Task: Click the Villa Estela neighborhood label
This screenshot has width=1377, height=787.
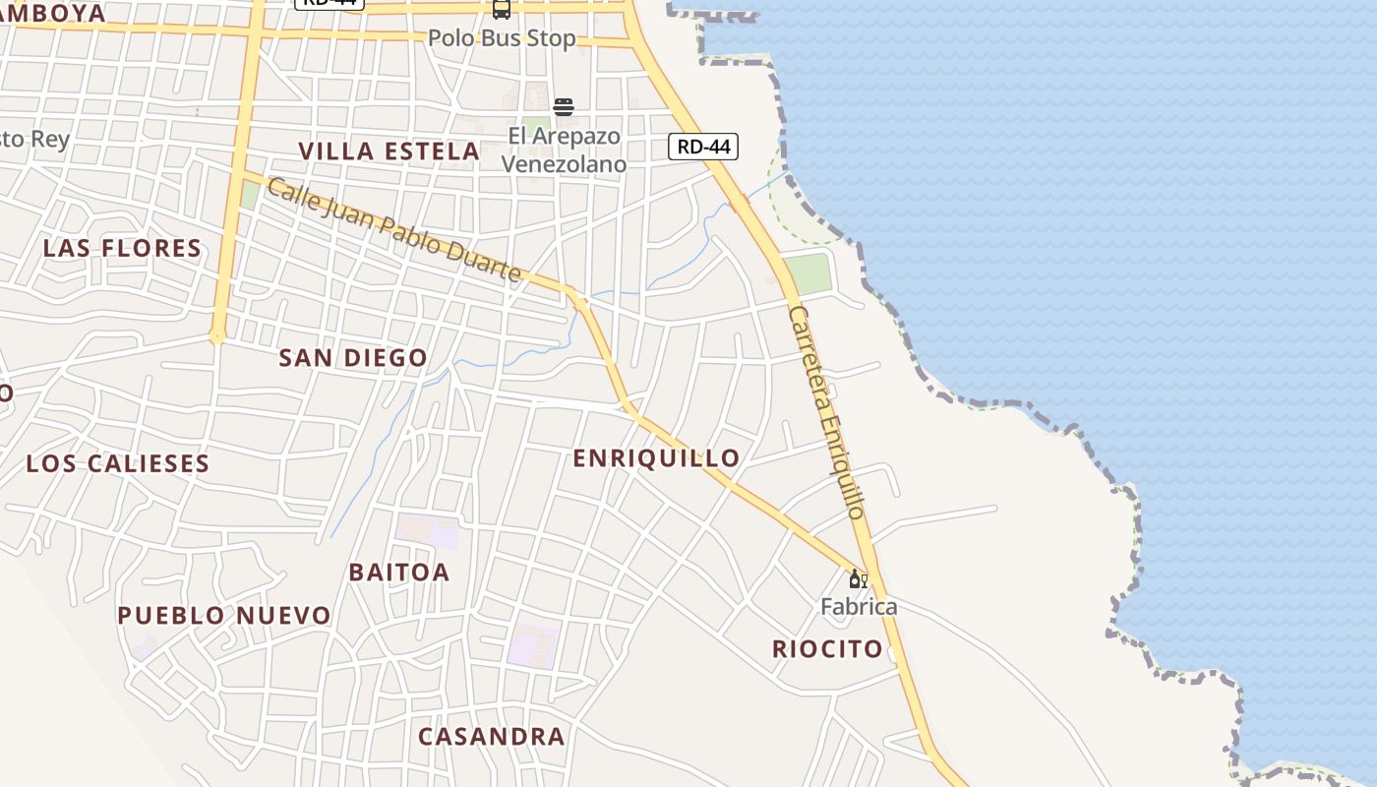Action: tap(389, 151)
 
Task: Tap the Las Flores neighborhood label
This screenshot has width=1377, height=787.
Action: tap(122, 248)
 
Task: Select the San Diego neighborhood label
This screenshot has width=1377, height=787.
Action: tap(353, 358)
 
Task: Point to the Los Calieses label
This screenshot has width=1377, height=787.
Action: tap(118, 463)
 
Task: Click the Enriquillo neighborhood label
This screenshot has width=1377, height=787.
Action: tap(656, 458)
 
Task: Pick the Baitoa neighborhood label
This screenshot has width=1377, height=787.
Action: tap(398, 572)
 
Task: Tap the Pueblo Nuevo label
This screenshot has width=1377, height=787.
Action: tap(224, 616)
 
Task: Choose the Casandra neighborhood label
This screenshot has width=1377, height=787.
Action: tap(491, 737)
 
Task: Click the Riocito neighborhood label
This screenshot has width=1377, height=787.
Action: tap(827, 649)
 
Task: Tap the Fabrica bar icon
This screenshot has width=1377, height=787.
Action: tap(858, 579)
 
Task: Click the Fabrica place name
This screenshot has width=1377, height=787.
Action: tap(859, 606)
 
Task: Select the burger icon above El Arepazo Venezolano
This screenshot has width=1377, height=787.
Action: tap(564, 106)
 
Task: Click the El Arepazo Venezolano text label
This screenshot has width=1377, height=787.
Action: tap(564, 150)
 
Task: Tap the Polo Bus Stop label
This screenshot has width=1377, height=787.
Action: tap(502, 38)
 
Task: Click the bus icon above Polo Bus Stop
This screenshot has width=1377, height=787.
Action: tap(502, 9)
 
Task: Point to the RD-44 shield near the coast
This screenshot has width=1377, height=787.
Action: tap(703, 147)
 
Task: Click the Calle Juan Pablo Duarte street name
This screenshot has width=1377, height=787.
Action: tap(393, 230)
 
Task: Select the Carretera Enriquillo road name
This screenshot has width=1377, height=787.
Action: tap(827, 412)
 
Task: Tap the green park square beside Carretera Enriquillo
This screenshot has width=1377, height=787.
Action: tap(808, 273)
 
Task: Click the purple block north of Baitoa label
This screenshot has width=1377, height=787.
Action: tap(428, 531)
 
